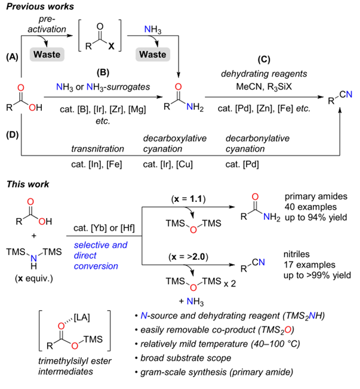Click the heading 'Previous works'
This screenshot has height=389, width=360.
[39, 8]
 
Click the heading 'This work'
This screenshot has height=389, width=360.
[27, 184]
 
